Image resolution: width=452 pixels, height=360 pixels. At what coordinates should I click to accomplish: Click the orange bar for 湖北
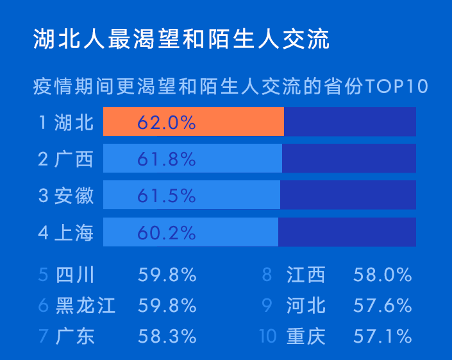click(194, 121)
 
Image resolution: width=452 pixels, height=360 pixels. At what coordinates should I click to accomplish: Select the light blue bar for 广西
click(192, 158)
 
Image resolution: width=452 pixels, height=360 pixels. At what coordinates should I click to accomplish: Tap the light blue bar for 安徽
click(192, 194)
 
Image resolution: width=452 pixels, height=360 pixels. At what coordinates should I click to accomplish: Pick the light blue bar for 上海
click(190, 232)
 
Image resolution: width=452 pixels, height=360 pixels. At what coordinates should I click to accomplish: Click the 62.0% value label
click(167, 123)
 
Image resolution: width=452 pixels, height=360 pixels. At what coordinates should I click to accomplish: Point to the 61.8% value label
click(167, 159)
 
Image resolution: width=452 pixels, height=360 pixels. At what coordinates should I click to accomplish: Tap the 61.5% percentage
click(167, 196)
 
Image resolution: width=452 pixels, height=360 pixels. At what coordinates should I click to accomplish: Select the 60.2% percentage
click(167, 232)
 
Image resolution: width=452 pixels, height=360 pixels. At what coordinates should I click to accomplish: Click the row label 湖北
click(74, 123)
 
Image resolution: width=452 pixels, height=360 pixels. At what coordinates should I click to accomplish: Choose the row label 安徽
click(74, 196)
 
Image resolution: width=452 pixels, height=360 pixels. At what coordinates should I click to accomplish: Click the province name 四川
click(75, 274)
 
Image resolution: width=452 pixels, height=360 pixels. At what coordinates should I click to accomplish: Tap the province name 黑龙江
click(85, 305)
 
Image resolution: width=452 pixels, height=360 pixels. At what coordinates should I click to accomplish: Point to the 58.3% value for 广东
click(167, 336)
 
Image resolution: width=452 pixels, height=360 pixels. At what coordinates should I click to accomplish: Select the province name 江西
click(306, 274)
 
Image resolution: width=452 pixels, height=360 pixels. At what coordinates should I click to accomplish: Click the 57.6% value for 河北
click(383, 305)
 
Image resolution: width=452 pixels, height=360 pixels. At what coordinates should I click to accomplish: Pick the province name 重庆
click(306, 336)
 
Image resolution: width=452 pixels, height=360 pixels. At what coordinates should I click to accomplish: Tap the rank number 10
click(268, 336)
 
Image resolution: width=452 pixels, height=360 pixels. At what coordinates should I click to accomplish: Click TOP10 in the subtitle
click(396, 86)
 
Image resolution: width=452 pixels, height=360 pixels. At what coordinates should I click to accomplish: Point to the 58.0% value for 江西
click(383, 274)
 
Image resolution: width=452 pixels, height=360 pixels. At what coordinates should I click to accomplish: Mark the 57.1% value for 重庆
click(383, 336)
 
